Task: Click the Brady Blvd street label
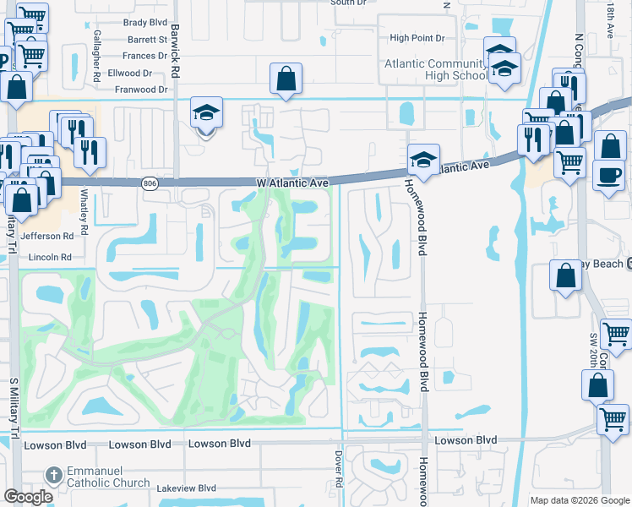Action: (x=146, y=24)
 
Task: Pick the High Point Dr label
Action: (x=422, y=38)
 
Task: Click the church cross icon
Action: (x=53, y=476)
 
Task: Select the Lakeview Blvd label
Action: (x=185, y=488)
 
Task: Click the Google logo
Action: (x=28, y=497)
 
